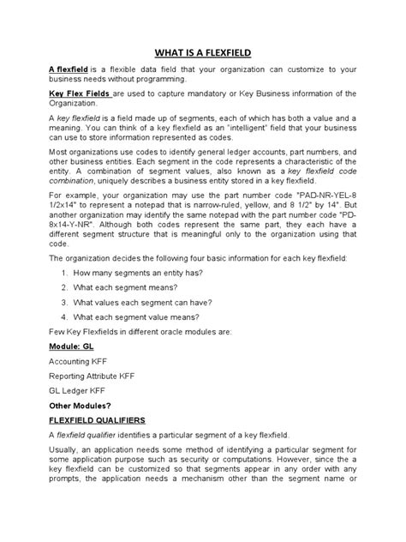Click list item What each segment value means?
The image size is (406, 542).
point(142,318)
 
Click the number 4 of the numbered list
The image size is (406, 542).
point(65,318)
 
